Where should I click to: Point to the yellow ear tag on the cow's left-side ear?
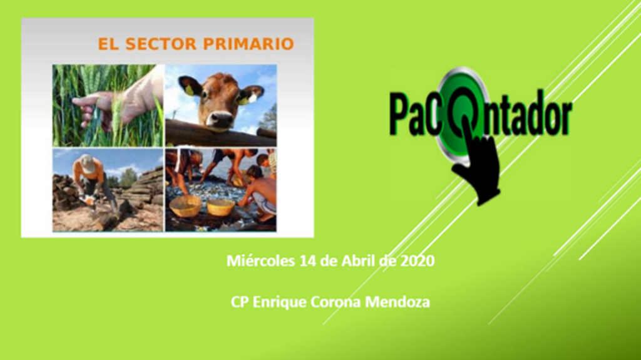click(x=189, y=90)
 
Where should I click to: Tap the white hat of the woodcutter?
click(x=86, y=162)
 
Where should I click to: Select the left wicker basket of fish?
click(x=185, y=206)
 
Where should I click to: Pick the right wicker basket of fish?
click(x=221, y=207)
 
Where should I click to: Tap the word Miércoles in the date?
click(x=261, y=261)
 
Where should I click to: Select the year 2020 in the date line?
click(x=418, y=261)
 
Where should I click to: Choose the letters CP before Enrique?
click(x=240, y=302)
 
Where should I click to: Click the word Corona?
click(x=336, y=302)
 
